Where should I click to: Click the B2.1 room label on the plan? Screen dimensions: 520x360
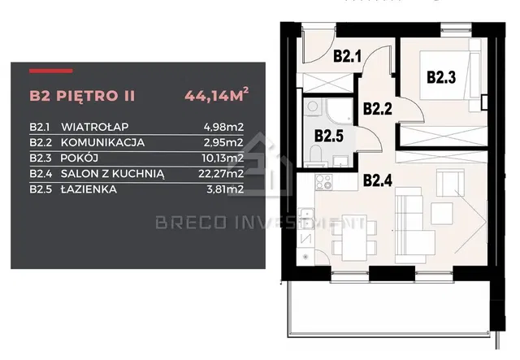click(x=347, y=56)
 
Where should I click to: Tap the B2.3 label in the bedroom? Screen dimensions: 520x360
click(x=441, y=77)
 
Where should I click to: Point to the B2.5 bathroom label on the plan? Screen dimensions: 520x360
click(x=328, y=136)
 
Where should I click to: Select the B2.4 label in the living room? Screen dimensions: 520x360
click(x=378, y=181)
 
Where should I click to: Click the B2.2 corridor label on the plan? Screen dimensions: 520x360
click(x=378, y=109)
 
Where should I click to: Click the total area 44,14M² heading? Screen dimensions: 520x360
click(x=217, y=95)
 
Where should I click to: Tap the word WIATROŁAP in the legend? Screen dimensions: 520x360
click(x=95, y=127)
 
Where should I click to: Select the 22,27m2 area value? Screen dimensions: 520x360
click(x=221, y=174)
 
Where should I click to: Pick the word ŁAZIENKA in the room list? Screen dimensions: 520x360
click(x=89, y=189)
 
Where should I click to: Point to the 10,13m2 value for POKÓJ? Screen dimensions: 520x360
click(x=223, y=158)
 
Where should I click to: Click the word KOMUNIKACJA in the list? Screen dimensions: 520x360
click(x=103, y=142)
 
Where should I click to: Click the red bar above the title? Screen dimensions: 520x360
click(x=50, y=71)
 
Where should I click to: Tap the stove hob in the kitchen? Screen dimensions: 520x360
click(x=323, y=182)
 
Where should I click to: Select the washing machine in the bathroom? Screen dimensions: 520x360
click(x=312, y=106)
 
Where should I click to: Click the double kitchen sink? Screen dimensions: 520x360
click(x=306, y=218)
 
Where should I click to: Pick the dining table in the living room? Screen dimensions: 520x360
click(x=354, y=238)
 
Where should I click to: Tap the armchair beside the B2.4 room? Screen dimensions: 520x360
click(x=450, y=183)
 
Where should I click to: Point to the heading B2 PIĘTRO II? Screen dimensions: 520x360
click(x=82, y=96)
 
